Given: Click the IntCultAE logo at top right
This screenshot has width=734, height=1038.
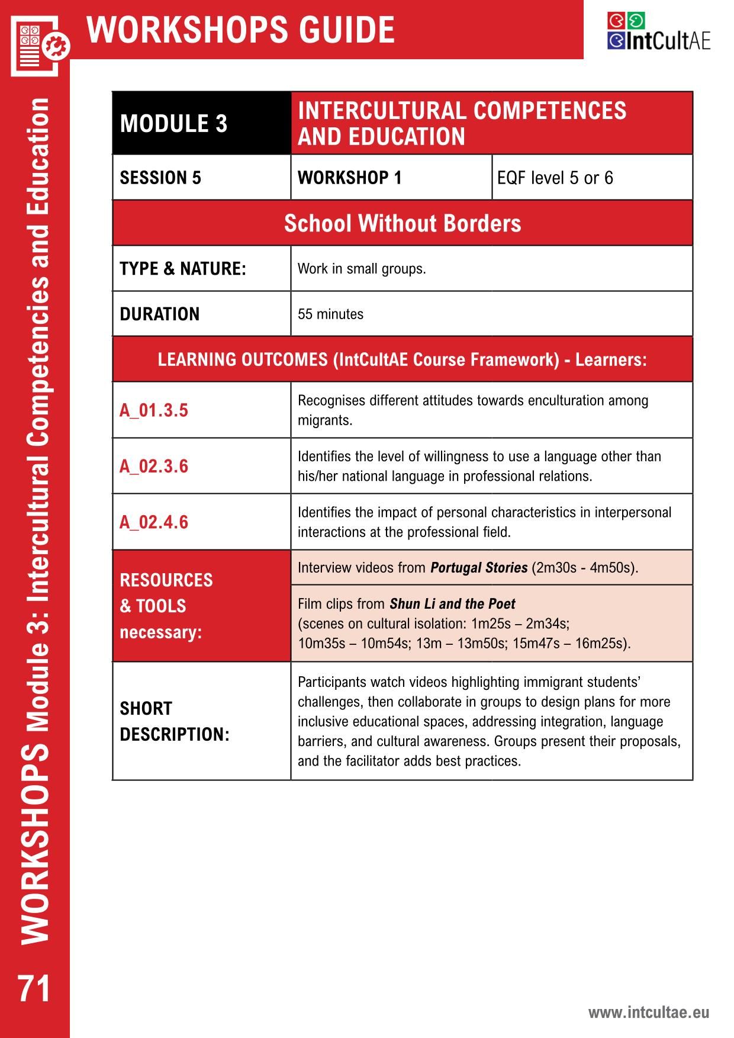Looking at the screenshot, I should [x=658, y=32].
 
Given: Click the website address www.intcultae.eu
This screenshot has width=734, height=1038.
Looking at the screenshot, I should [x=648, y=1012].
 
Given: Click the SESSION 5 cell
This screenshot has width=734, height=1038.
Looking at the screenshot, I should [x=160, y=178].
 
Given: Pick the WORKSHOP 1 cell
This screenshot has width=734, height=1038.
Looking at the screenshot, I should [x=349, y=178].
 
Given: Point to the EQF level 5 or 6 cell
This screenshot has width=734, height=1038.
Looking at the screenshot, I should [x=555, y=178].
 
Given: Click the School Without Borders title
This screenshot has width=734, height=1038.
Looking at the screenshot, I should [x=403, y=223].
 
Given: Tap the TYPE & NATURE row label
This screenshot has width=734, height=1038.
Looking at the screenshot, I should [x=182, y=269].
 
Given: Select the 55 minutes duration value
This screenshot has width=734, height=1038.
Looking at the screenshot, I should [x=330, y=314].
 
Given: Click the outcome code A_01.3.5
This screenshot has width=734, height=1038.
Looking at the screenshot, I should [x=154, y=410].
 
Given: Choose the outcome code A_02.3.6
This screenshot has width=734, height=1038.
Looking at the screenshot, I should [x=154, y=466].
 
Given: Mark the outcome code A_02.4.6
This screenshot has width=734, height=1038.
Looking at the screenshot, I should [x=154, y=522].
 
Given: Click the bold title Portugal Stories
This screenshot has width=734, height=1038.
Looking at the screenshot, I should [x=478, y=568].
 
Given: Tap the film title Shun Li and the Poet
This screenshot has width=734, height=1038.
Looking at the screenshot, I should [x=452, y=604].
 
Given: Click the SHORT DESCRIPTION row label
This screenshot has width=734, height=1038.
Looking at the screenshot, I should [x=174, y=721].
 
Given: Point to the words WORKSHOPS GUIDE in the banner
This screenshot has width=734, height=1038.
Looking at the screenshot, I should [x=240, y=30].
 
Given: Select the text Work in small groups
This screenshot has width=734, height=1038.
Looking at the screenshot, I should [x=361, y=269].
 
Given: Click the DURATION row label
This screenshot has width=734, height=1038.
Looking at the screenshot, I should [x=159, y=314].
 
